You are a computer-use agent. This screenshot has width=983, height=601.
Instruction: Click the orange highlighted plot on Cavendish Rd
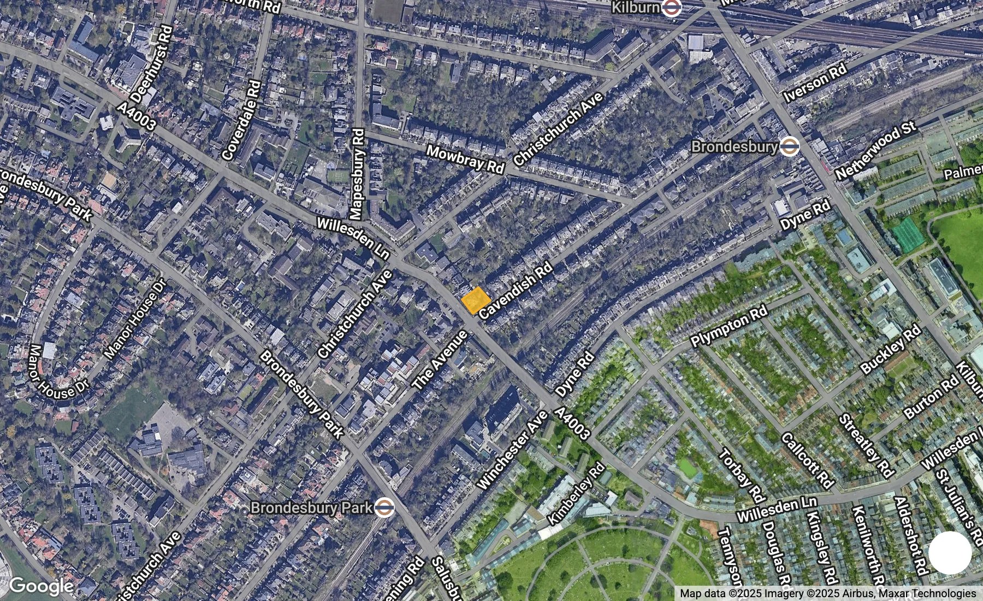pyautogui.click(x=476, y=300)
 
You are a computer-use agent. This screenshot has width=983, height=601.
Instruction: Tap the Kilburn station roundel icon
pyautogui.click(x=670, y=8)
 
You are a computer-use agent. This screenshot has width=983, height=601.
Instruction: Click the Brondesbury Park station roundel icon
pyautogui.click(x=384, y=508)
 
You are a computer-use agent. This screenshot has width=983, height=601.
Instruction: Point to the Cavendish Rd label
pyautogui.click(x=516, y=291)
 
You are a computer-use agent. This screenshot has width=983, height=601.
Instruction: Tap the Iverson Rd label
pyautogui.click(x=815, y=83)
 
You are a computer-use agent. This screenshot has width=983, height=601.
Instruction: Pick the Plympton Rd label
pyautogui.click(x=729, y=326)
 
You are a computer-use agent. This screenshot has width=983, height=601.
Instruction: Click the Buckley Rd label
pyautogui.click(x=891, y=350)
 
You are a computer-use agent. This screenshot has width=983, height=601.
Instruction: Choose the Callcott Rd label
pyautogui.click(x=808, y=460)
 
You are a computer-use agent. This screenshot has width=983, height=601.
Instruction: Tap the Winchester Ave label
pyautogui.click(x=512, y=449)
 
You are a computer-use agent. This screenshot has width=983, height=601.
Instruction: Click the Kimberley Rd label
pyautogui.click(x=577, y=494)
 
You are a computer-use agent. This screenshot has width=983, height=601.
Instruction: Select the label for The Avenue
pyautogui.click(x=440, y=360)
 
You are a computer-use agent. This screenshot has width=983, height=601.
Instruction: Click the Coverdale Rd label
pyautogui.click(x=242, y=121)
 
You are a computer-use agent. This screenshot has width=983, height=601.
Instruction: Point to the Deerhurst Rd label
pyautogui.click(x=152, y=64)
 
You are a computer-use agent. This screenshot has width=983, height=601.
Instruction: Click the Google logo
pyautogui.click(x=41, y=586)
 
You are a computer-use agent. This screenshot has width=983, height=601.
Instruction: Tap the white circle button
pyautogui.click(x=950, y=553)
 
